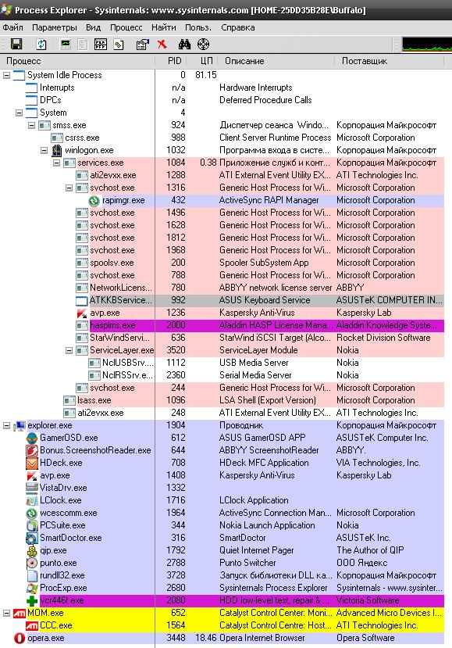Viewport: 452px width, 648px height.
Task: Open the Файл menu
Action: coord(12,27)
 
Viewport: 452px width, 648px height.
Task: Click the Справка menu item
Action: coord(238,27)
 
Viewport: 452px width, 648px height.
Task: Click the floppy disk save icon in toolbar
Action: coord(16,45)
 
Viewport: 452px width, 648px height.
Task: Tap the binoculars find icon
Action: coord(184,45)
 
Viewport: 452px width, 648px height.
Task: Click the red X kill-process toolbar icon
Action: coord(162,45)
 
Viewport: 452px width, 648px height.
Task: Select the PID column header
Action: coord(175,61)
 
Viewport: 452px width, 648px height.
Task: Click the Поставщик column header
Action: coord(365,61)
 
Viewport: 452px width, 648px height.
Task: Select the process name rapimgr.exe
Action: coord(123,200)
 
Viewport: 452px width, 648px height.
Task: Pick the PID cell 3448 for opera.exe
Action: coord(176,638)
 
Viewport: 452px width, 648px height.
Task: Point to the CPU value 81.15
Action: coord(206,75)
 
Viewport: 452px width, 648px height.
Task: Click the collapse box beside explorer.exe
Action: coord(6,425)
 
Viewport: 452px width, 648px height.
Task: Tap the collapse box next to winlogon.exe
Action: coord(44,150)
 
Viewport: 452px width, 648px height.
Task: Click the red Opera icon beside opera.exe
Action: coord(19,638)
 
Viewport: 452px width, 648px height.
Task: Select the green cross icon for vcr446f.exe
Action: coord(32,600)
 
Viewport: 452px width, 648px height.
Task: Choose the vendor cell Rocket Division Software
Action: coord(383,338)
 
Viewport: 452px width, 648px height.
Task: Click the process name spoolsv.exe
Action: coord(112,263)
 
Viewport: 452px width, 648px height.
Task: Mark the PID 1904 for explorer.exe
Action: coord(176,425)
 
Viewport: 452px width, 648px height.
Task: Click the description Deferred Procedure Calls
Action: coord(265,100)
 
